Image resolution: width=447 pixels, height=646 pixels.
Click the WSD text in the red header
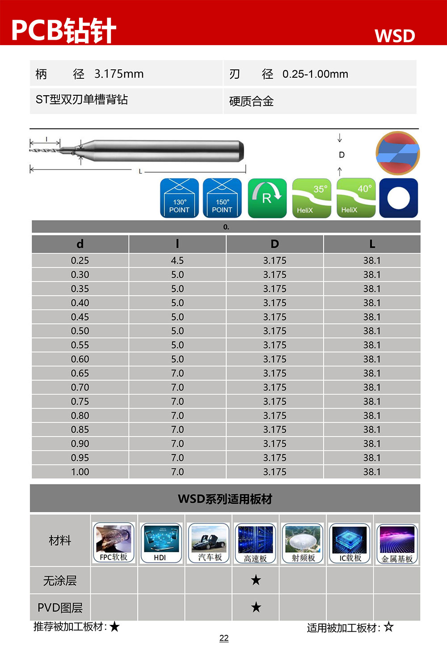(x=395, y=36)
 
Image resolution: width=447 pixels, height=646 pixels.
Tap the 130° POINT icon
(x=179, y=198)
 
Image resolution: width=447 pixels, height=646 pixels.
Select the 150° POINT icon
(x=222, y=198)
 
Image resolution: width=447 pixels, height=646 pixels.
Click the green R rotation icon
(x=267, y=198)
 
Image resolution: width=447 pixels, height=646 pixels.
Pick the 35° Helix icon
(x=312, y=198)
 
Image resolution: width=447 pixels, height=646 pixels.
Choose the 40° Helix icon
(x=356, y=198)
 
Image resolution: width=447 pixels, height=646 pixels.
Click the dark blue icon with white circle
(x=399, y=198)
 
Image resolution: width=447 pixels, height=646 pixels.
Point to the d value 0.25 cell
(x=80, y=260)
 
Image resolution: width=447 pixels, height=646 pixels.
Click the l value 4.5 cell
(x=177, y=260)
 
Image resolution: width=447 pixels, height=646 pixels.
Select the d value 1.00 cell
(x=80, y=472)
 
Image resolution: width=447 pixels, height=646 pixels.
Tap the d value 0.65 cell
(x=80, y=373)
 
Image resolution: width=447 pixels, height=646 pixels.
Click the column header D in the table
(x=274, y=244)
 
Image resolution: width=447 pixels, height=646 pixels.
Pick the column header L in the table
(x=372, y=244)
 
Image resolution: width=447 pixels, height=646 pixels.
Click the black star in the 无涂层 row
(x=256, y=580)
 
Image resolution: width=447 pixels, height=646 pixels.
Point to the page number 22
(x=224, y=638)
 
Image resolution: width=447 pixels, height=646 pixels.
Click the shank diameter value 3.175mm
(x=119, y=74)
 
